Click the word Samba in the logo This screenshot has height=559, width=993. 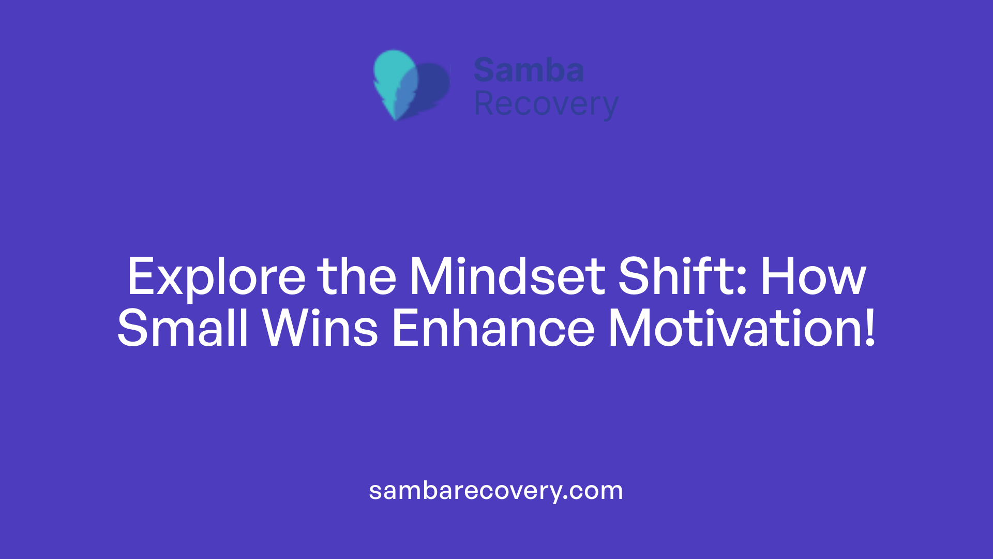click(x=529, y=70)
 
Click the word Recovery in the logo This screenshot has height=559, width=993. click(x=546, y=105)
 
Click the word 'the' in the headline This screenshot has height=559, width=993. click(x=357, y=277)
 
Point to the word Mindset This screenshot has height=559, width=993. click(x=507, y=277)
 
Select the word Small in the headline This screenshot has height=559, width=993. click(x=183, y=328)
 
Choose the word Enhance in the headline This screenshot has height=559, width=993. click(x=493, y=328)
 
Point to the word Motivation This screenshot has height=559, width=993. click(x=734, y=328)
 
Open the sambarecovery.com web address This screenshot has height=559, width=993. click(x=495, y=491)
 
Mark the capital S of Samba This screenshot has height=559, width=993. click(x=485, y=70)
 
